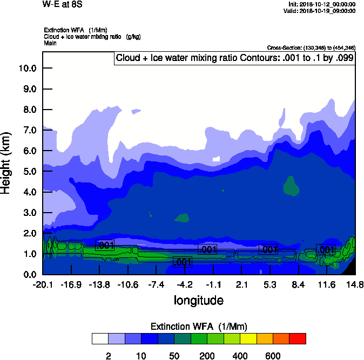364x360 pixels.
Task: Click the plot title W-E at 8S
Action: [60, 4]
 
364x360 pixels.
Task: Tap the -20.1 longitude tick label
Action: [43, 284]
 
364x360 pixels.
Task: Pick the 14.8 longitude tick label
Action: [354, 284]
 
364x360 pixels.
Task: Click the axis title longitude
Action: [198, 300]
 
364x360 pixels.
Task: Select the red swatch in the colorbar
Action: [297, 339]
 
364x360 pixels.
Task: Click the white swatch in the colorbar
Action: [100, 339]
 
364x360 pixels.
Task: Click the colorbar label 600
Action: [272, 356]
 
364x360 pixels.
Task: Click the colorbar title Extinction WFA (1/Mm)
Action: [198, 326]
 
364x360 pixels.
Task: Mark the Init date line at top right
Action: [322, 4]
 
